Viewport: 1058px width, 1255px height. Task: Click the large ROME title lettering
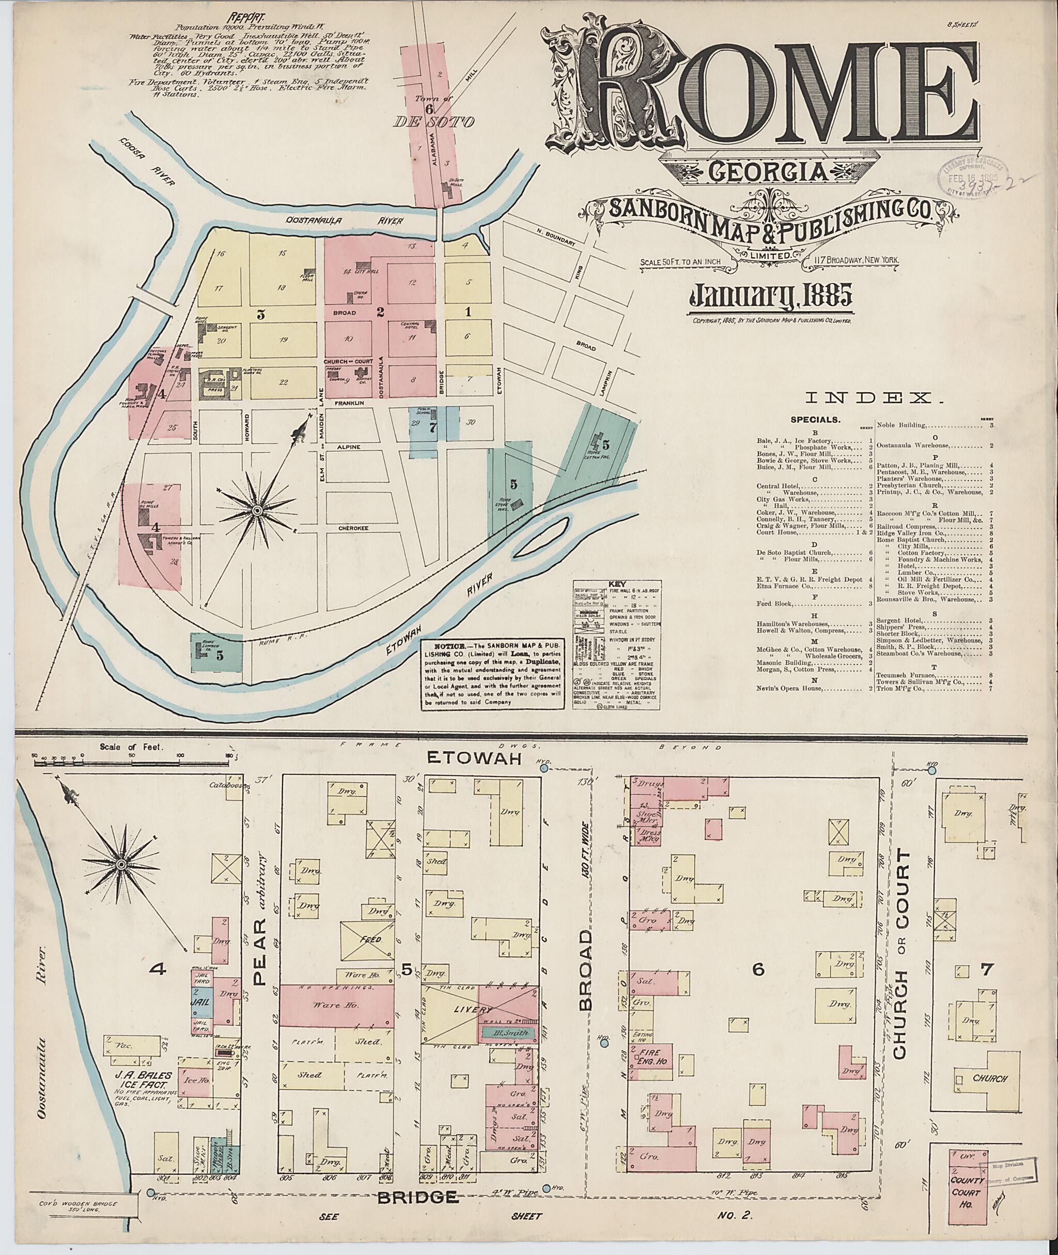pyautogui.click(x=761, y=90)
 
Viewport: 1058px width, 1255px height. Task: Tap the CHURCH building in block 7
pyautogui.click(x=989, y=1078)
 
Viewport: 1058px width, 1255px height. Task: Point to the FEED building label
pyautogui.click(x=369, y=940)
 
